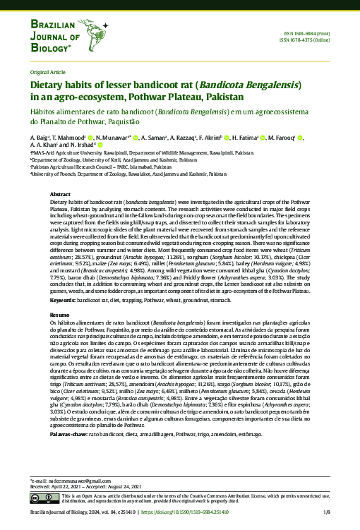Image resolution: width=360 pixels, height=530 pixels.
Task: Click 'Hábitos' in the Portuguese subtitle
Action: pyautogui.click(x=44, y=112)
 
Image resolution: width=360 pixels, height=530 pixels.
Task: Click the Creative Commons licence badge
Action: pyautogui.click(x=44, y=499)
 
